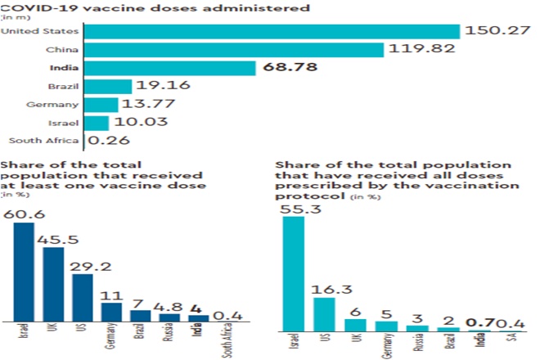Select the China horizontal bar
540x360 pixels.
pyautogui.click(x=234, y=50)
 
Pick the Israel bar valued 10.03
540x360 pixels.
pyautogui.click(x=97, y=123)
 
